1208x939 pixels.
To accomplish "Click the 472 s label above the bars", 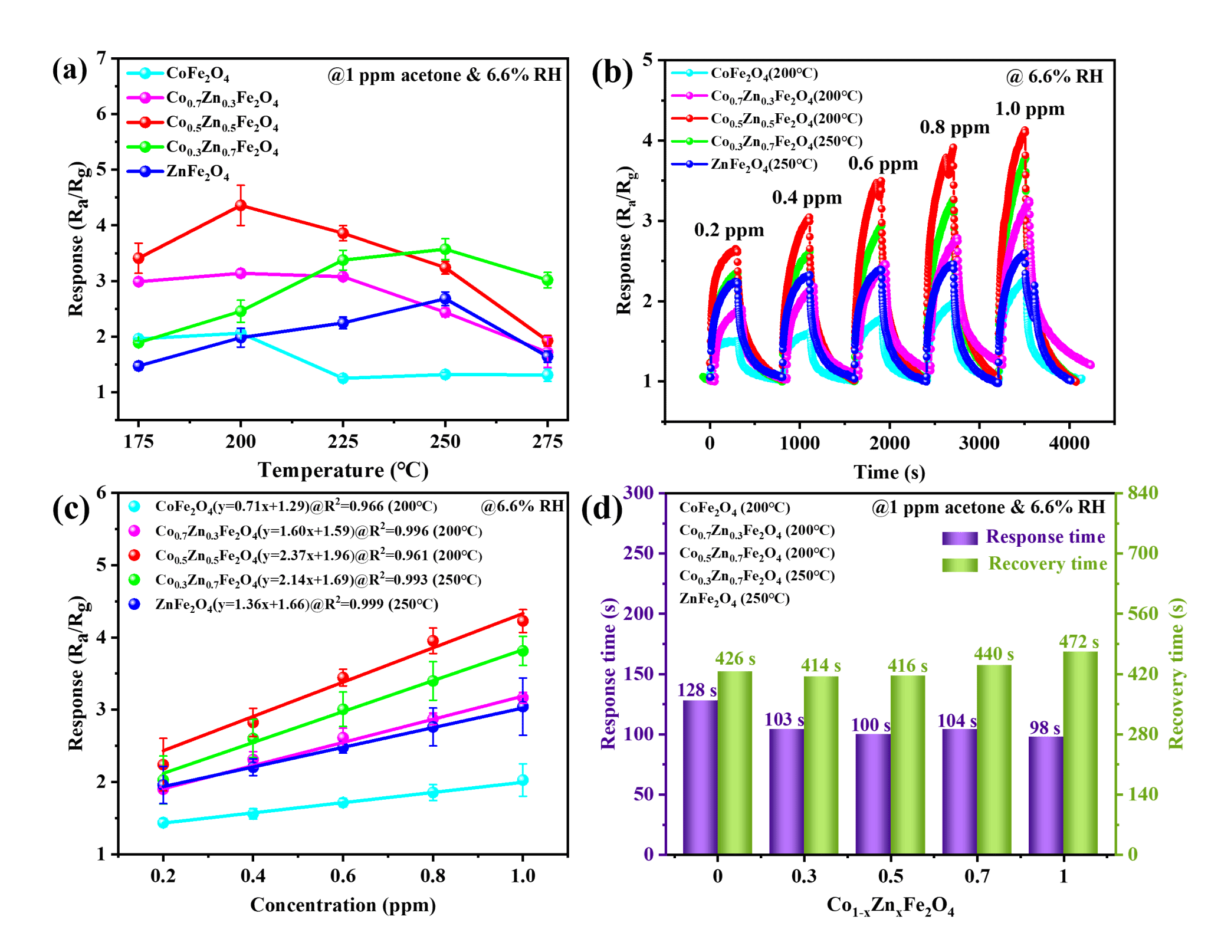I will click(x=1079, y=642).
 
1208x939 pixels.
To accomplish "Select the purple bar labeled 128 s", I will click(x=700, y=776).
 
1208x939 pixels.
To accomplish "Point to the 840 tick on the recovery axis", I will click(x=1143, y=493).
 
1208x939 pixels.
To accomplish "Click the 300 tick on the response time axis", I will click(x=639, y=493).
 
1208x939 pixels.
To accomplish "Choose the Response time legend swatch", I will click(x=960, y=538).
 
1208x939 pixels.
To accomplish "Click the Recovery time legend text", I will click(x=1048, y=564).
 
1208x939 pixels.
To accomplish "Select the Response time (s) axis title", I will click(x=608, y=674).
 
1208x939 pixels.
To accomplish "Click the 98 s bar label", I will click(x=1045, y=728).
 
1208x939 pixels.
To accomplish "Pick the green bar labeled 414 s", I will click(x=821, y=764).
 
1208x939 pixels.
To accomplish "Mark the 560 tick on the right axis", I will click(x=1143, y=613).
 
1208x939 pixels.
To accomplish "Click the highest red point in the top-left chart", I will click(x=241, y=205).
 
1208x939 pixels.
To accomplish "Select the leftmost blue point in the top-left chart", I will click(x=139, y=366).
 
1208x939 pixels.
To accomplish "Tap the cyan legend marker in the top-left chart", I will click(x=145, y=73).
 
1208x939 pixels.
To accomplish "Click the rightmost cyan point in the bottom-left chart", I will click(x=523, y=780).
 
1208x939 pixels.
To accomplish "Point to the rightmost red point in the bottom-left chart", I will click(x=523, y=620).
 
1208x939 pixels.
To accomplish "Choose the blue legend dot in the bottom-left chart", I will click(x=134, y=603).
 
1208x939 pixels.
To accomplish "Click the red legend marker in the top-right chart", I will click(x=689, y=118).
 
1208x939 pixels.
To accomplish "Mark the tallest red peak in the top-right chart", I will click(x=1025, y=130).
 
